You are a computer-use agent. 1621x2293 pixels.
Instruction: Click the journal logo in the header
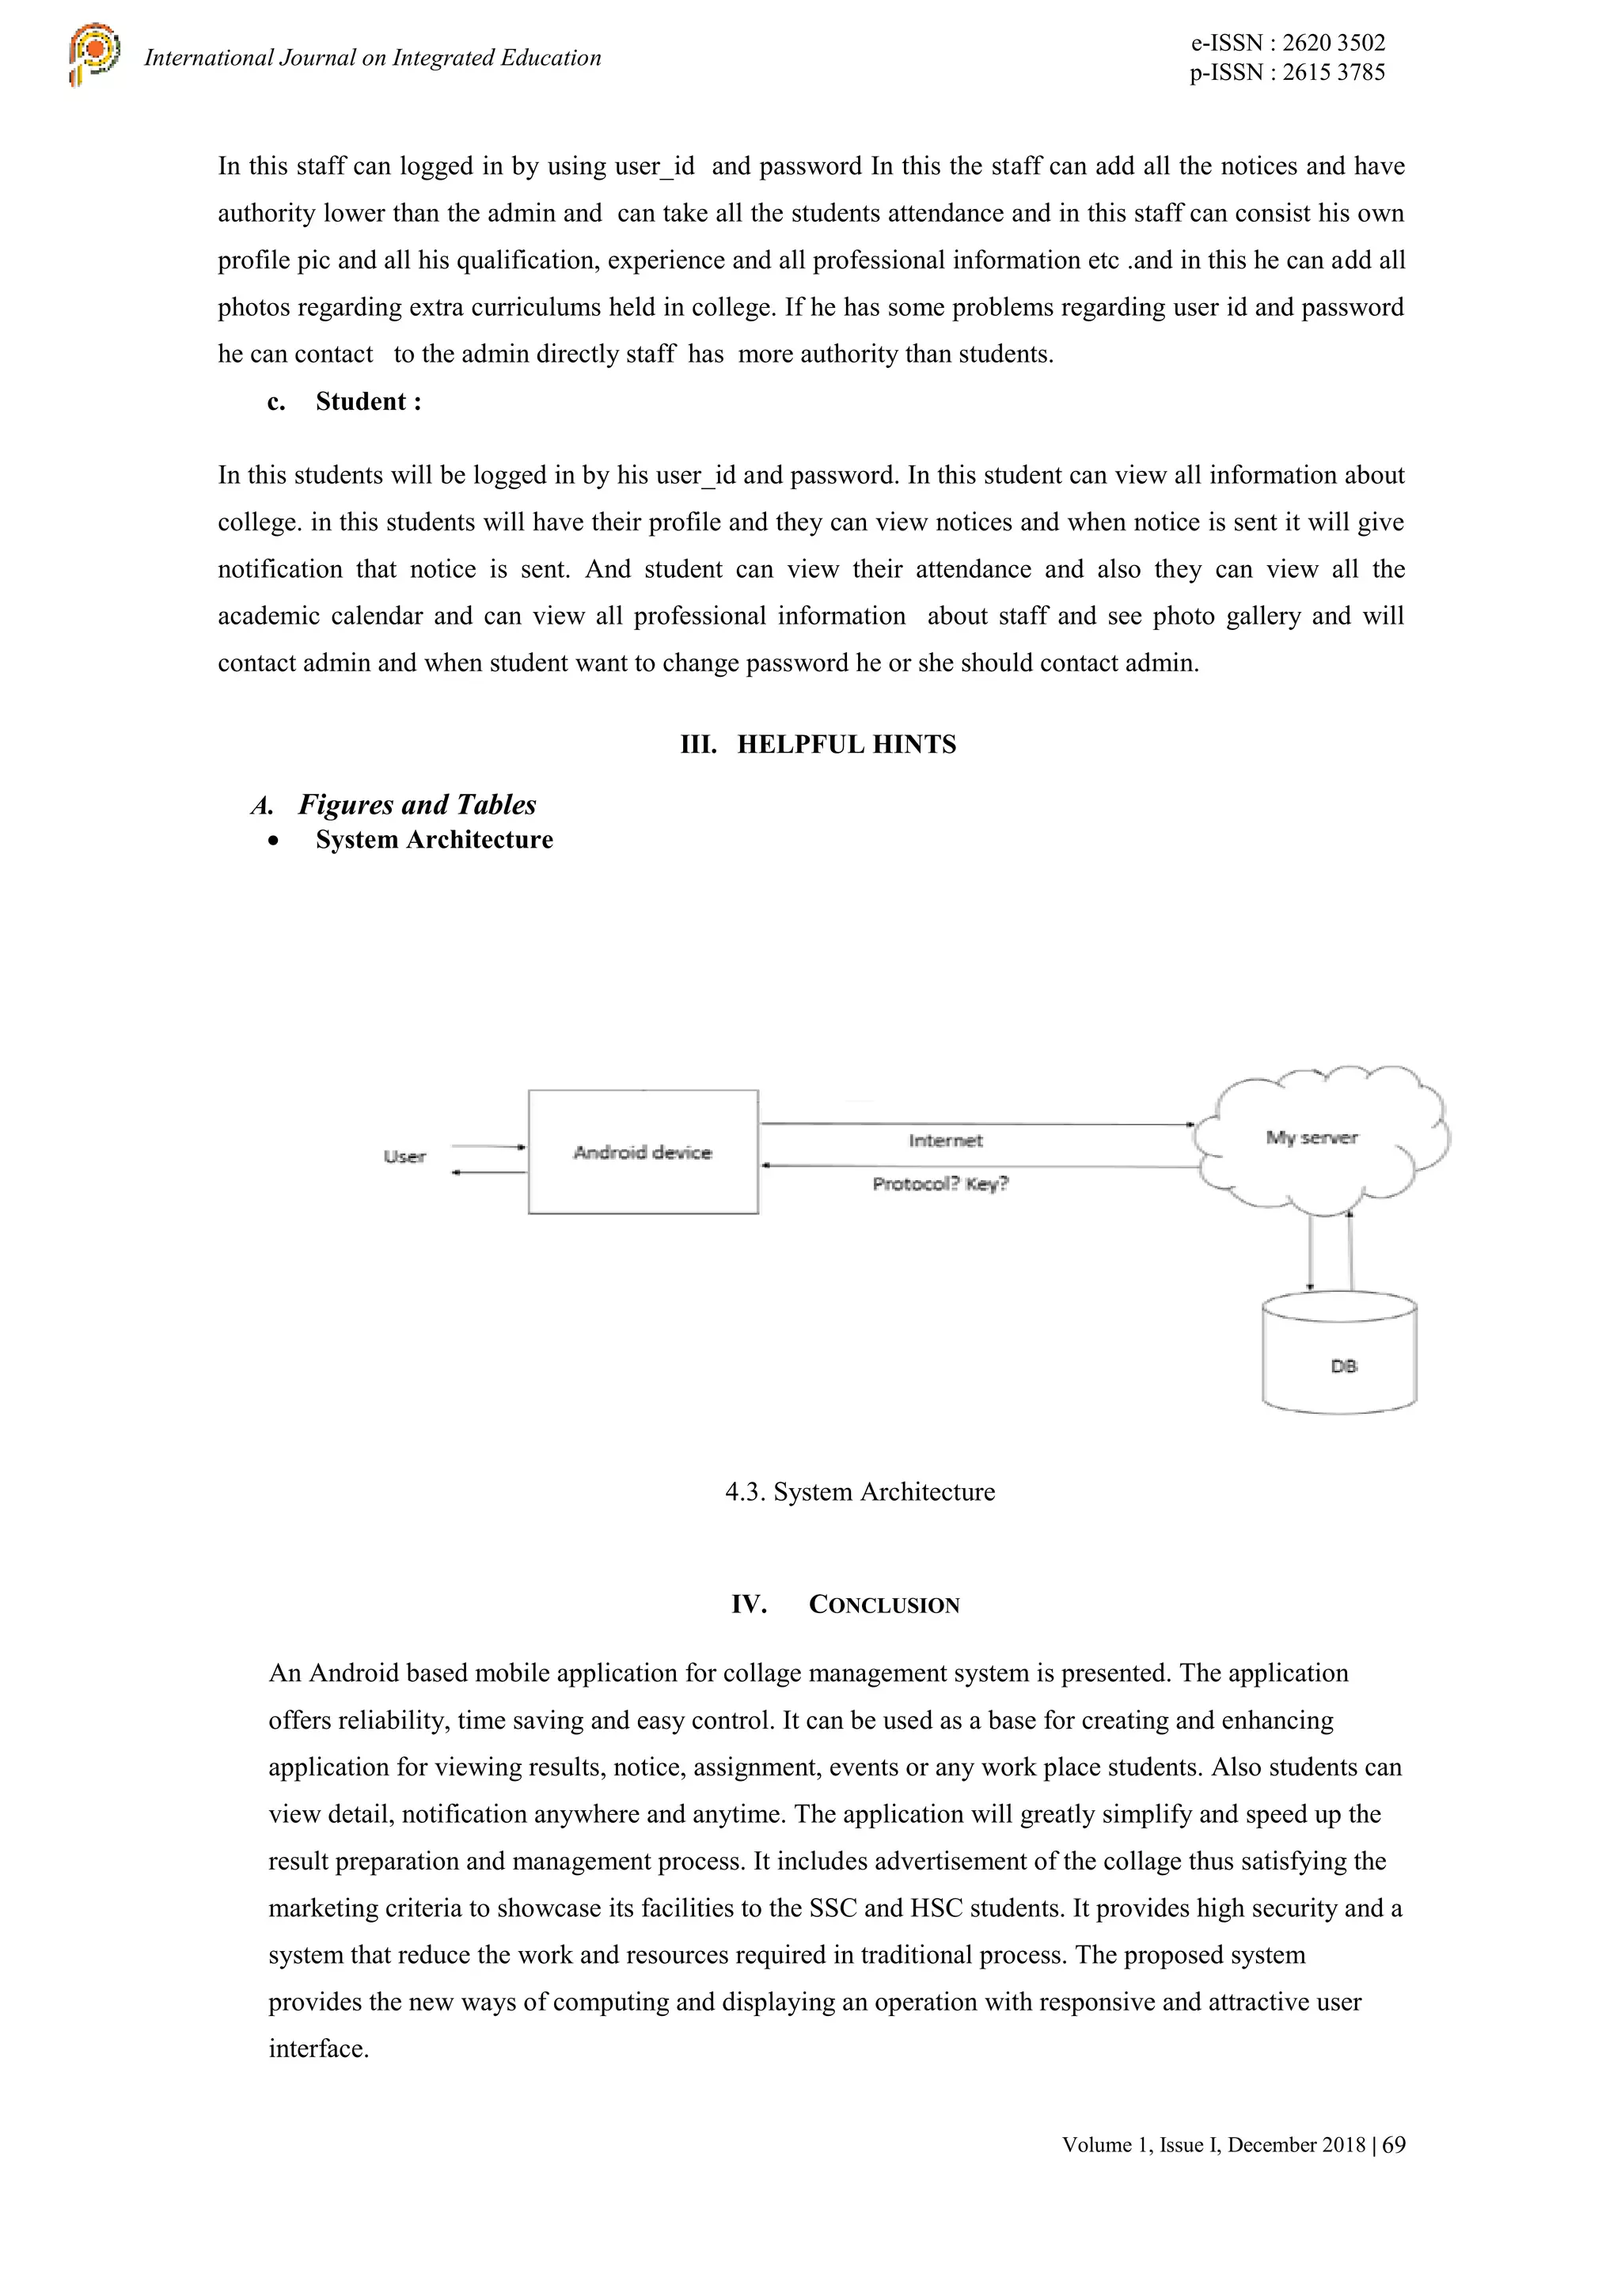[94, 54]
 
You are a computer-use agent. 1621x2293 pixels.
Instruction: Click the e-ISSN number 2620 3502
[1334, 43]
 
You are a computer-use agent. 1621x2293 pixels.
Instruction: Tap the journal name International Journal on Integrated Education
[373, 58]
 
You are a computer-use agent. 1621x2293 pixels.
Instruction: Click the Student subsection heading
[367, 401]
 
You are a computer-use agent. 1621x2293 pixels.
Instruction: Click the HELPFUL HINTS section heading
[846, 744]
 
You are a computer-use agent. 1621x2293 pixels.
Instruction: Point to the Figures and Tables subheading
[416, 804]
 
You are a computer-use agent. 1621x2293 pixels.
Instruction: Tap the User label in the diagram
[404, 1156]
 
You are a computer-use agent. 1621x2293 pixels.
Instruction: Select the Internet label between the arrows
[945, 1141]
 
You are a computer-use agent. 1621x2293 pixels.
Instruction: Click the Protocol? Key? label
[940, 1183]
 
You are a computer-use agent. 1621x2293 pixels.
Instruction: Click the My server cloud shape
[1319, 1138]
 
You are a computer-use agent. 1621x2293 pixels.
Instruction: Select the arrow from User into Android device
[488, 1146]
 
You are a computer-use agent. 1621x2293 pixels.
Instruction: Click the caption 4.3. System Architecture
[860, 1492]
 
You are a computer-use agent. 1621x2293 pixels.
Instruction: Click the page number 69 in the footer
[1395, 2144]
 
